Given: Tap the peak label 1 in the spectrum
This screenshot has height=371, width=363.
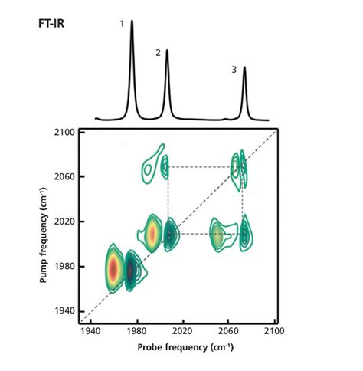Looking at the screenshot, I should (122, 24).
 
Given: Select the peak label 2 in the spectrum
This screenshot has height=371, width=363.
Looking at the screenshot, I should (158, 53).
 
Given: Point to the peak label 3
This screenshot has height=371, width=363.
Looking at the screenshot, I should (234, 70).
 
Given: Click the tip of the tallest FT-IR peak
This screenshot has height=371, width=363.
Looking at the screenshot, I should (132, 21).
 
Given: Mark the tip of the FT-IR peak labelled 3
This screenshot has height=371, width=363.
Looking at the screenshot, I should (244, 67).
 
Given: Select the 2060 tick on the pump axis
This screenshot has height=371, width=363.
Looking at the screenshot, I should (64, 177).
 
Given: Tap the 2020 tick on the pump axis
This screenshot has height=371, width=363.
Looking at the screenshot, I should (64, 222).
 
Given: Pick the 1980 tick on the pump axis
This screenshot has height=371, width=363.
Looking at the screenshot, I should (64, 266).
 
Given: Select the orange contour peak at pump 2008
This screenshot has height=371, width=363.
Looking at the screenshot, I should (152, 233).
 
